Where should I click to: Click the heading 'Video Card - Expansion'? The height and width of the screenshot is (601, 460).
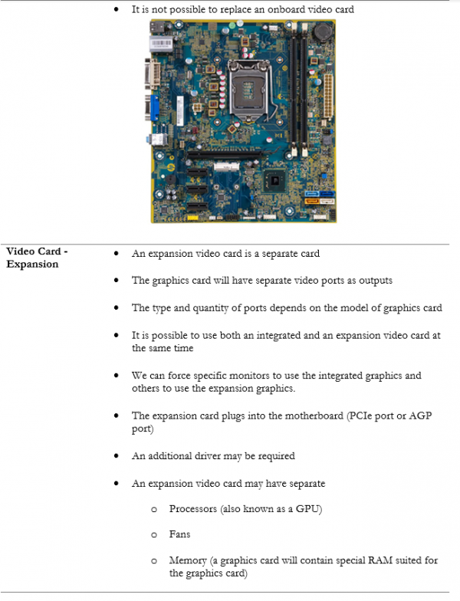[x=37, y=258]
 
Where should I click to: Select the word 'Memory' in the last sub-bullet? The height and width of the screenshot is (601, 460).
[x=188, y=560]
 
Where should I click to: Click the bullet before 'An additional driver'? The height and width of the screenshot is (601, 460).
[x=115, y=456]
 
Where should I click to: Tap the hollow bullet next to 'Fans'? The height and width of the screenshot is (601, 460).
[x=153, y=534]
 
